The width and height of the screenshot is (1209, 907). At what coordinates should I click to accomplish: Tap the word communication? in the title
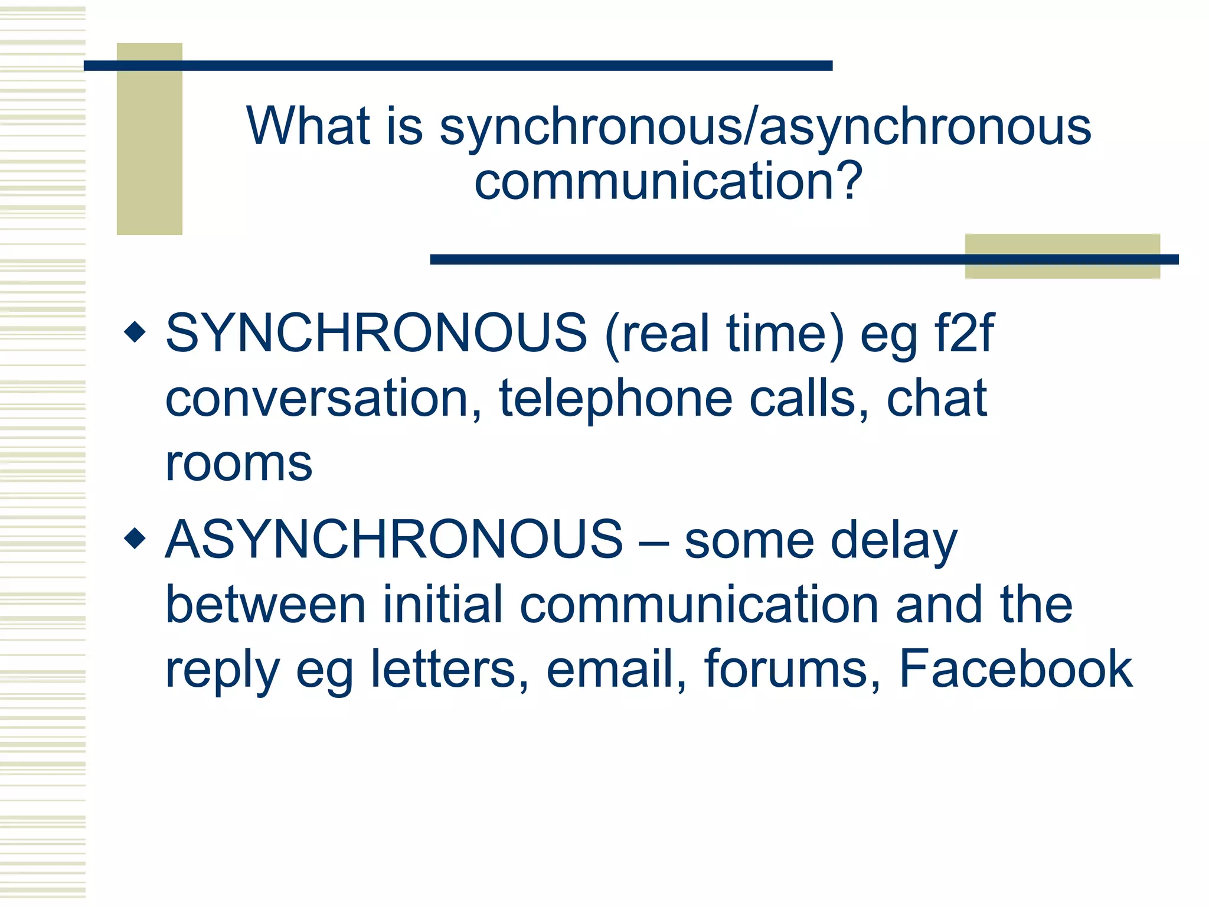pos(668,181)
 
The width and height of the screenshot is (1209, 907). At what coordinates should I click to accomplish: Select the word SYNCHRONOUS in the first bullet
pos(376,333)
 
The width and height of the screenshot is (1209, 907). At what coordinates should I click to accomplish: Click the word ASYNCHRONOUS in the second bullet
pos(394,539)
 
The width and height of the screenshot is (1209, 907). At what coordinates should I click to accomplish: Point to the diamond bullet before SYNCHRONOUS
pos(135,332)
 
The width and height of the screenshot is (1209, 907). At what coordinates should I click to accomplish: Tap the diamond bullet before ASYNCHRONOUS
pos(135,538)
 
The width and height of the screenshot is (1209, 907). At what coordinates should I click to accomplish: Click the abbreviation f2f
pos(965,333)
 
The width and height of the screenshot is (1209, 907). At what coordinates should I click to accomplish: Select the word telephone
pos(616,399)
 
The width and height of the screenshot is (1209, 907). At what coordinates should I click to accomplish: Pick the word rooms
pos(238,464)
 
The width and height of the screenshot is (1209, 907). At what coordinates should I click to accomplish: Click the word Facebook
pos(1015,669)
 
